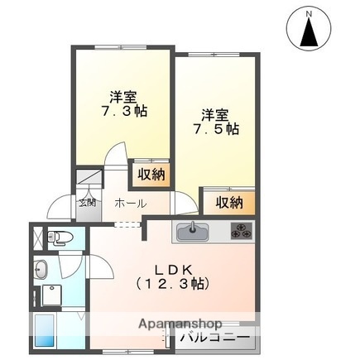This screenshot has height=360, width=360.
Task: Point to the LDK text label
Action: point(175,269)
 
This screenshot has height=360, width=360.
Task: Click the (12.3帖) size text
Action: point(173,284)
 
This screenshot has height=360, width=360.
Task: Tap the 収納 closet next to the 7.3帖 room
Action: point(151,175)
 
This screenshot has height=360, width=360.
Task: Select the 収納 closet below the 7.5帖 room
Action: point(229,202)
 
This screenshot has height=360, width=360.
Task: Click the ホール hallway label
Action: point(130,203)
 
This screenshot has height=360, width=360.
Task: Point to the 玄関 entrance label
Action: point(87,201)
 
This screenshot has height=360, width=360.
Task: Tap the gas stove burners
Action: point(241,231)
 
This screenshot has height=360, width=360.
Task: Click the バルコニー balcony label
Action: point(213,338)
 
